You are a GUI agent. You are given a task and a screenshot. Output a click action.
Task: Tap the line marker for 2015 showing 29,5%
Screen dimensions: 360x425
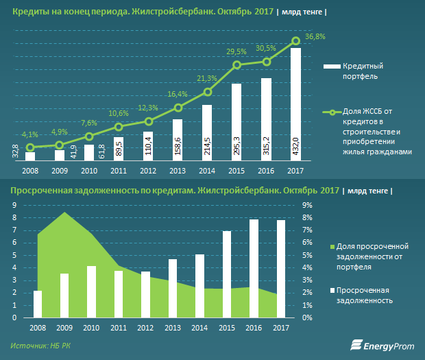coord(237,65)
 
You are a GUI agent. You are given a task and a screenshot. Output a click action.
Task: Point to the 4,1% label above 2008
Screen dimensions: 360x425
coord(30,135)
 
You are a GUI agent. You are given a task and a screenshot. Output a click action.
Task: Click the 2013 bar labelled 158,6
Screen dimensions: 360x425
coord(178,141)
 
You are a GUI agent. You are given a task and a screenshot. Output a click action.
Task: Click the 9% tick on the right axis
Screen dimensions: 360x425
coord(306,204)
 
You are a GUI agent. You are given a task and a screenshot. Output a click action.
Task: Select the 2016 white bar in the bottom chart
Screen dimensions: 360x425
coord(254,268)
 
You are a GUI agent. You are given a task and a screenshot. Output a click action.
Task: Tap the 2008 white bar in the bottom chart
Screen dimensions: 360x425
coord(38,304)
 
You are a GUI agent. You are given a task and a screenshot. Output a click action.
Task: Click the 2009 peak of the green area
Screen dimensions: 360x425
coord(64,213)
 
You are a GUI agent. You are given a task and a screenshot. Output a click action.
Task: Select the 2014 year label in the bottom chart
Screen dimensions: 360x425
coord(199,328)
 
